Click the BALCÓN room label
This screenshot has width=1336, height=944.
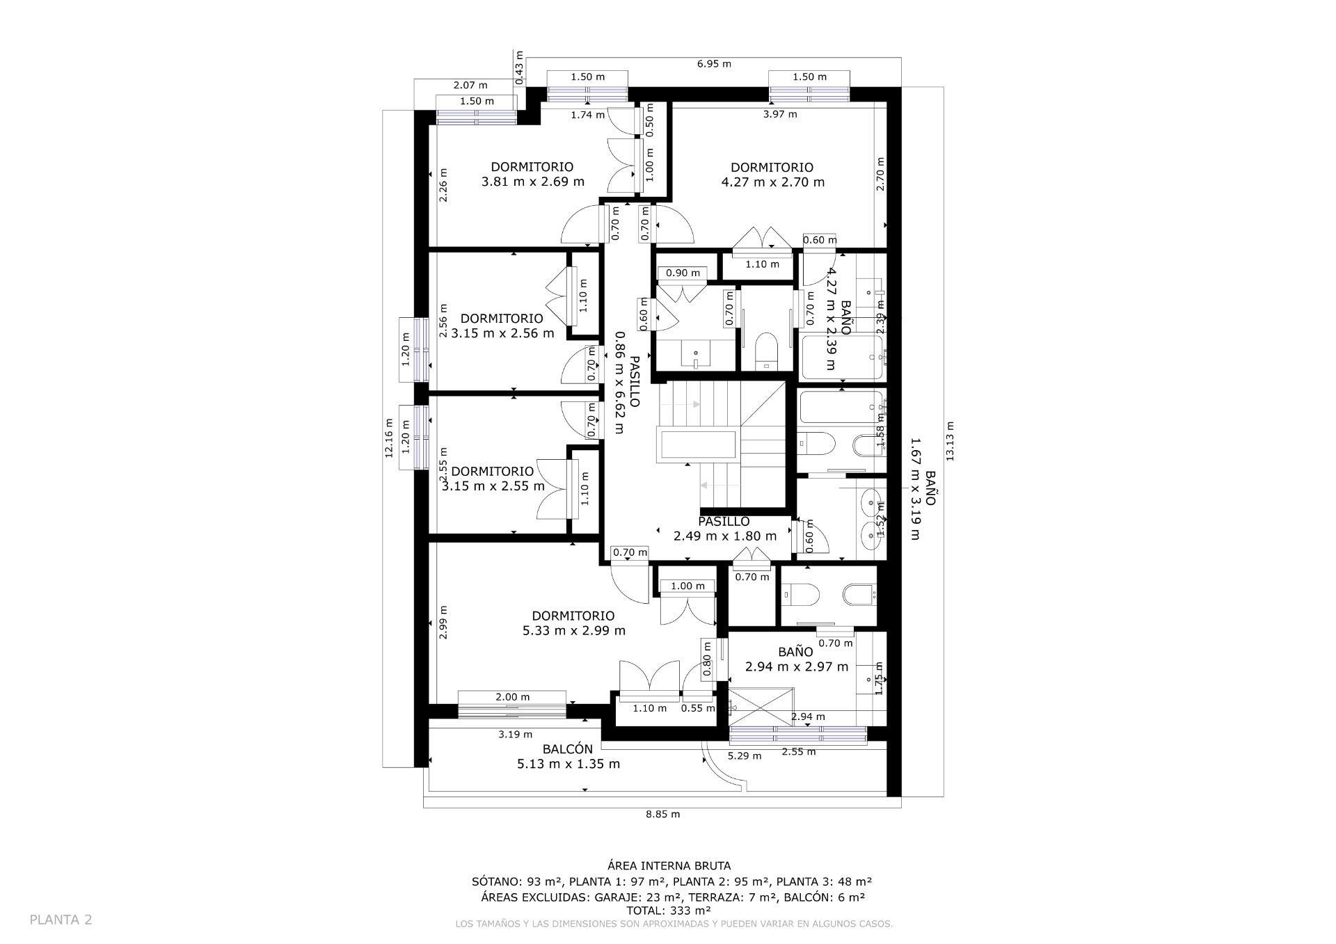coord(568,756)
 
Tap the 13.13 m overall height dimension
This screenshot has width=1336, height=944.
coord(951,441)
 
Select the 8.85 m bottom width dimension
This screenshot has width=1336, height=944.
coord(662,814)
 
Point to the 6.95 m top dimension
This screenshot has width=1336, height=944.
coord(714,64)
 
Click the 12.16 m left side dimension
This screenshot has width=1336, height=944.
coord(389,437)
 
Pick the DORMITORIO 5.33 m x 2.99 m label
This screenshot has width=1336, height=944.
coord(573,623)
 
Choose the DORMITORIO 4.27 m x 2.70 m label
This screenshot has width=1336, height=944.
coord(772,175)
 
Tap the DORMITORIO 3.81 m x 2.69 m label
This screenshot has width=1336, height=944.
coord(532,174)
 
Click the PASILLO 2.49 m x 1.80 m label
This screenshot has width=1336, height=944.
coord(724,529)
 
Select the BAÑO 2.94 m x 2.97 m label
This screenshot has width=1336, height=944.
coord(796,659)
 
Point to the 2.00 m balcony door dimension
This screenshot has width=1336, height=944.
coord(512,697)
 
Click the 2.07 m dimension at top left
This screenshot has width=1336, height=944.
coord(470,86)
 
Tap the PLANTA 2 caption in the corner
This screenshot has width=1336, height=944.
coord(61,920)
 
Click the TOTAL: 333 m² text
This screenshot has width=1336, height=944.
coord(668,910)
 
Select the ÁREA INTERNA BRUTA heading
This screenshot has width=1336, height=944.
coord(669,866)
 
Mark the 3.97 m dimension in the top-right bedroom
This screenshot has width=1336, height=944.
coord(780,114)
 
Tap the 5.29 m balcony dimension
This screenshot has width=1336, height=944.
coord(744,755)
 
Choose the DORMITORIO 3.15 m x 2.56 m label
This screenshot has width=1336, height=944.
coord(502,326)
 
